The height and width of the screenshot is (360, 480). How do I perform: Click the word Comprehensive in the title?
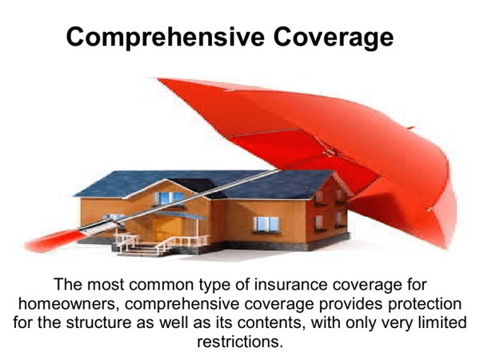165,38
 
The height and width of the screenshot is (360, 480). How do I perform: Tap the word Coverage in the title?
334,38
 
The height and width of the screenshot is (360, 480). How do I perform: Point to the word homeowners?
69,304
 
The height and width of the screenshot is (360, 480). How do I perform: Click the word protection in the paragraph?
425,305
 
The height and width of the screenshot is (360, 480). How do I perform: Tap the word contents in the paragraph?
270,323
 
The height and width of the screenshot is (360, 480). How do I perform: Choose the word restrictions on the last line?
238,342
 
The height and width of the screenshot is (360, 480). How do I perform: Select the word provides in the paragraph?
351,305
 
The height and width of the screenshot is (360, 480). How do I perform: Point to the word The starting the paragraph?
68,284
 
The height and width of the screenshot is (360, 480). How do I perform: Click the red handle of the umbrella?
54,240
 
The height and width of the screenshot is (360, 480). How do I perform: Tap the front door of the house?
166,229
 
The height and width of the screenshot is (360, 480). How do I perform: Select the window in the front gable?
169,198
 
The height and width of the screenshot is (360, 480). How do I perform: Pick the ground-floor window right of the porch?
266,224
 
